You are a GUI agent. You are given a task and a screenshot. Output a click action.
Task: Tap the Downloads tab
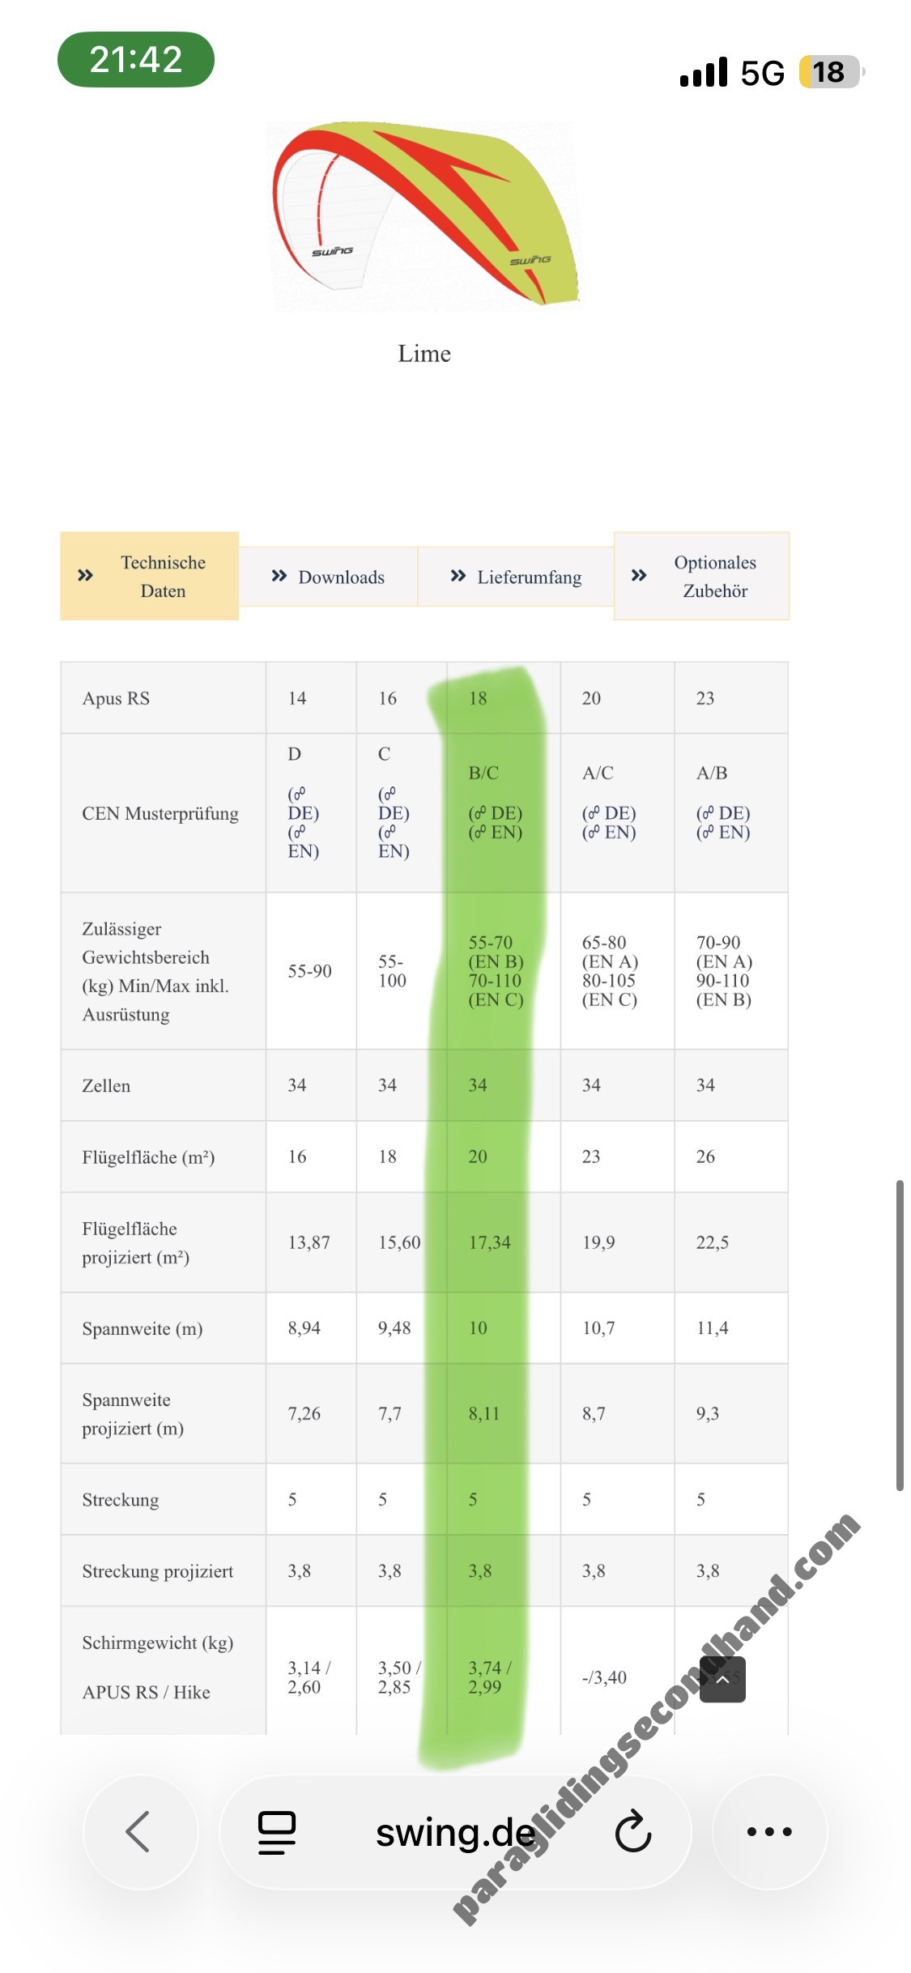328,577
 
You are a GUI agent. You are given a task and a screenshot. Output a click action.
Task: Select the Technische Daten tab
150,576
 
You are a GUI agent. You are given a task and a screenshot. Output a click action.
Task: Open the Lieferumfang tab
516,577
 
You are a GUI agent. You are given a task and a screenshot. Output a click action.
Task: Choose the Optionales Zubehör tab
701,576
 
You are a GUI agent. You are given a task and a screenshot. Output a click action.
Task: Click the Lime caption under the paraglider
424,354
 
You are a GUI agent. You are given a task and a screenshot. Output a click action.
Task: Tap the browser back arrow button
139,1831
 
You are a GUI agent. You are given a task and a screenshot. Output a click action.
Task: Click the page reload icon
632,1832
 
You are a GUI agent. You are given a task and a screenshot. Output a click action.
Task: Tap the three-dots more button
768,1831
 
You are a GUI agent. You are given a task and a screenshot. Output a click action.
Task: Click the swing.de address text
455,1832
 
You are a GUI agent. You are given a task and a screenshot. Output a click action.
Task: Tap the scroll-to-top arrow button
722,1680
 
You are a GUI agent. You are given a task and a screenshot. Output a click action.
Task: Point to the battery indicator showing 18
830,72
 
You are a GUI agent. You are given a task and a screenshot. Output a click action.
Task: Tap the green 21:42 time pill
136,59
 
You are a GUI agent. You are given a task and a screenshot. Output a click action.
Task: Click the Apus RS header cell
116,698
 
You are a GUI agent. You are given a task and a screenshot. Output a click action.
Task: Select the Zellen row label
106,1085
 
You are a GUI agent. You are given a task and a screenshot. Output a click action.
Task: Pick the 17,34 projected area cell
489,1242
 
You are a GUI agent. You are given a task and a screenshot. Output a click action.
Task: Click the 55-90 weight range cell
309,971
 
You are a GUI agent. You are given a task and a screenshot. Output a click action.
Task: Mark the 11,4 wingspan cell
712,1328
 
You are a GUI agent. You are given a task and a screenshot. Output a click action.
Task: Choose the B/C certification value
483,773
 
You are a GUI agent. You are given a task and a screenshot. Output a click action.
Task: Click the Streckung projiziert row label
158,1571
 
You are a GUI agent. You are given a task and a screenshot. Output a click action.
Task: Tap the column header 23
705,698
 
